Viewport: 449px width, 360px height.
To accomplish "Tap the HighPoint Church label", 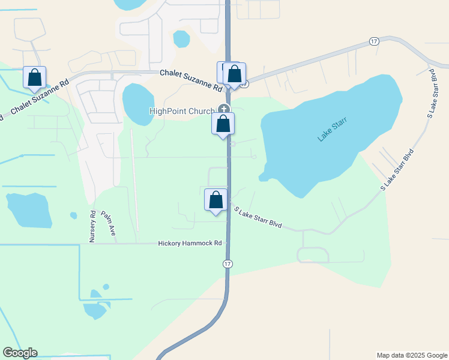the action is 182,112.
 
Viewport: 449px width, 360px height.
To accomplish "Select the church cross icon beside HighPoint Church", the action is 224,109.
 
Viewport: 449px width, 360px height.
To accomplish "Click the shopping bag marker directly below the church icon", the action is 223,124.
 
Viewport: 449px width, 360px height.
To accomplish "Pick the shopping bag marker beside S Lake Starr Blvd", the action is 216,200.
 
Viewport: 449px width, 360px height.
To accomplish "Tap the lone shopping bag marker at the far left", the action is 35,77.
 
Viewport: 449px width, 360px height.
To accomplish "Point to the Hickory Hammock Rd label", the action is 190,244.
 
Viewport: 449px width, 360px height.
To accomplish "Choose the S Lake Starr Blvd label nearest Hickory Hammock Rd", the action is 258,217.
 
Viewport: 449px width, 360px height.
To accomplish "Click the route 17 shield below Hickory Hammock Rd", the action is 228,264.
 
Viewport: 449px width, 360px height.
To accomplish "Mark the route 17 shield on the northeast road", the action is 375,41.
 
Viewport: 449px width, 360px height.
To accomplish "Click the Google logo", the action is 20,353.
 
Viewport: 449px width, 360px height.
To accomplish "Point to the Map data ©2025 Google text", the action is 411,355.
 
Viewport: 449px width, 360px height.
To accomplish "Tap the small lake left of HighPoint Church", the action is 137,103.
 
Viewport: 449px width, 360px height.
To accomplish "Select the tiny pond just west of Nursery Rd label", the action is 73,215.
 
